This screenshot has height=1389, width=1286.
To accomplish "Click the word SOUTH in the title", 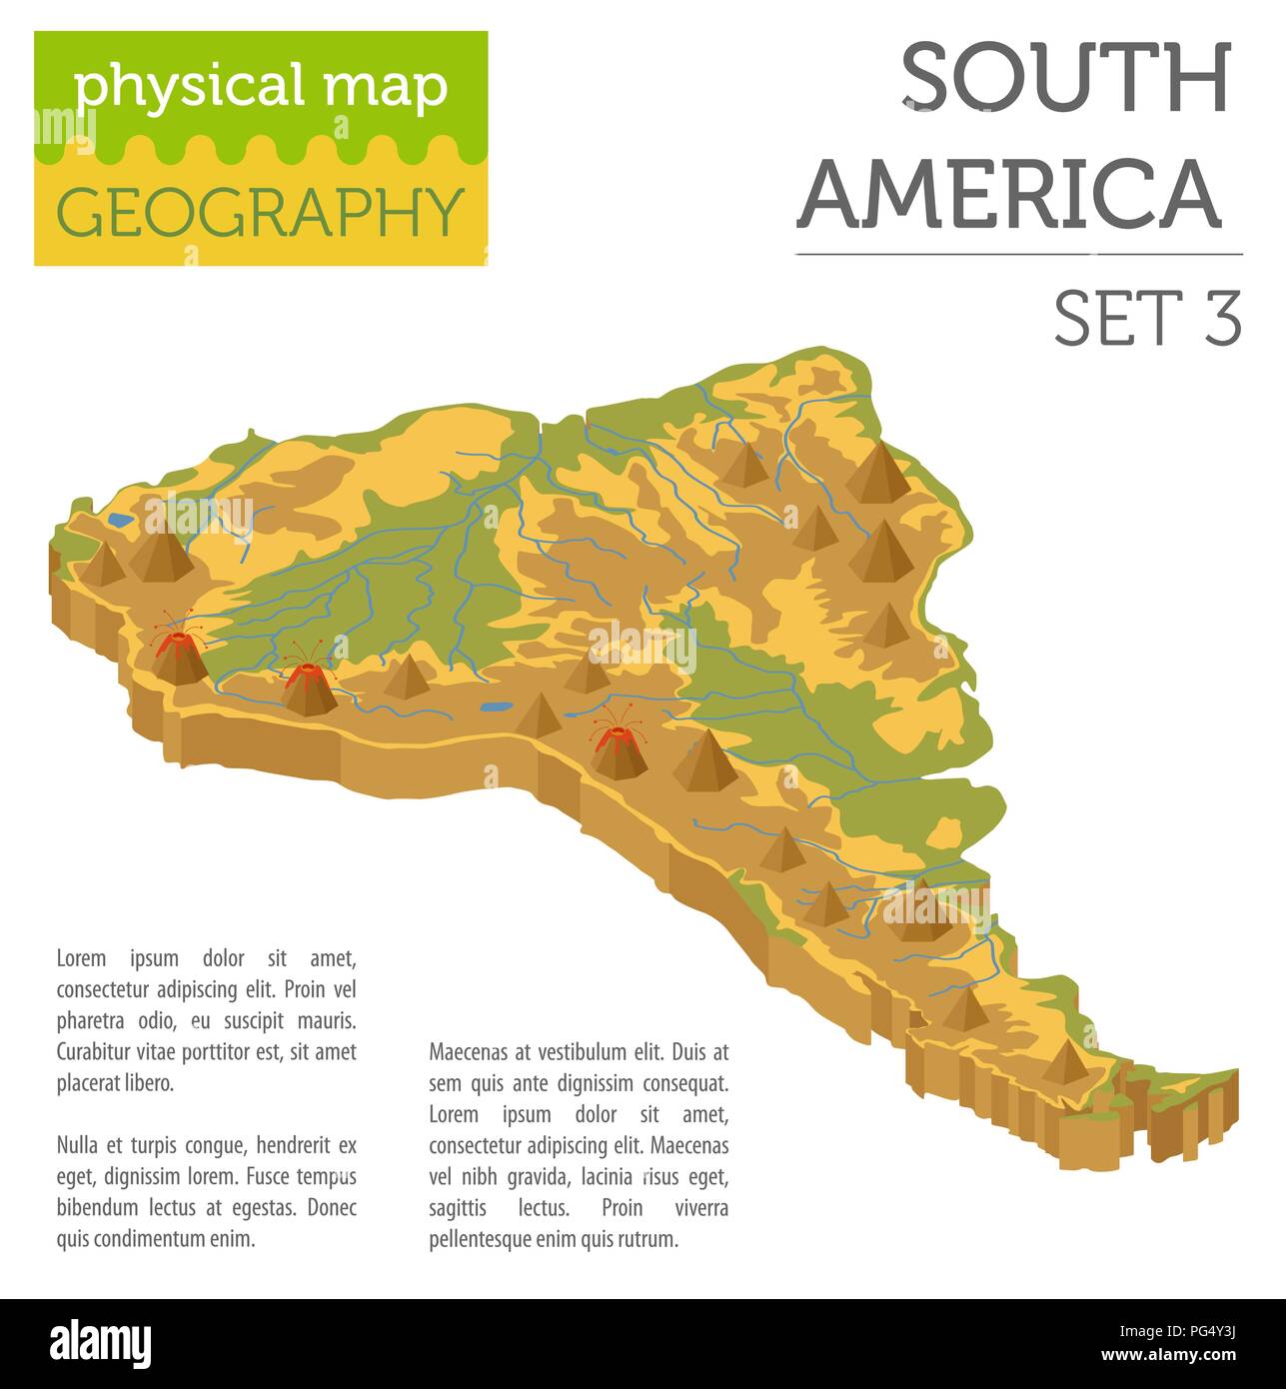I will (1065, 80).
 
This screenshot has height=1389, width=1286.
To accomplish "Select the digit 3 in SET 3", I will (1222, 320).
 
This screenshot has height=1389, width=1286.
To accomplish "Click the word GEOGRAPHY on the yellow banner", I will (261, 212).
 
